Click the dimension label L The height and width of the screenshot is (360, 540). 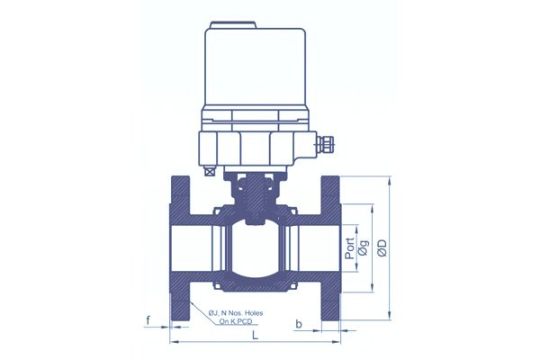click(255, 335)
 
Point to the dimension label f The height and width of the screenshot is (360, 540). click(148, 320)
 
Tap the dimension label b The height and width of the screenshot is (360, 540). click(299, 324)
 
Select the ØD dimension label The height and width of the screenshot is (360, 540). click(382, 247)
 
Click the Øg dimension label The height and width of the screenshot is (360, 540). click(364, 247)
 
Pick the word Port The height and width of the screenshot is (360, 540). click(350, 248)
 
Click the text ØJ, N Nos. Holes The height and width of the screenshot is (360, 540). click(236, 313)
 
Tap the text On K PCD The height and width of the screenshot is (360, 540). click(236, 322)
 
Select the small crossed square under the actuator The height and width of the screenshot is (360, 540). click(209, 171)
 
